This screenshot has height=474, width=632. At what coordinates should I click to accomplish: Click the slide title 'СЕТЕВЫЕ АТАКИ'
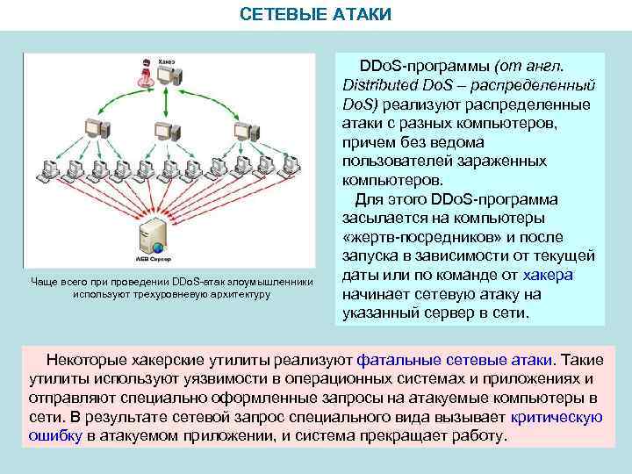(316, 16)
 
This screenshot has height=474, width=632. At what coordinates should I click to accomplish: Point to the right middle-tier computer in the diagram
(245, 131)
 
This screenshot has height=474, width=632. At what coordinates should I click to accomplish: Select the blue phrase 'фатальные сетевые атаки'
(456, 359)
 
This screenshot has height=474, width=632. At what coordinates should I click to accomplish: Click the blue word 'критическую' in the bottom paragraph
(559, 417)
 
